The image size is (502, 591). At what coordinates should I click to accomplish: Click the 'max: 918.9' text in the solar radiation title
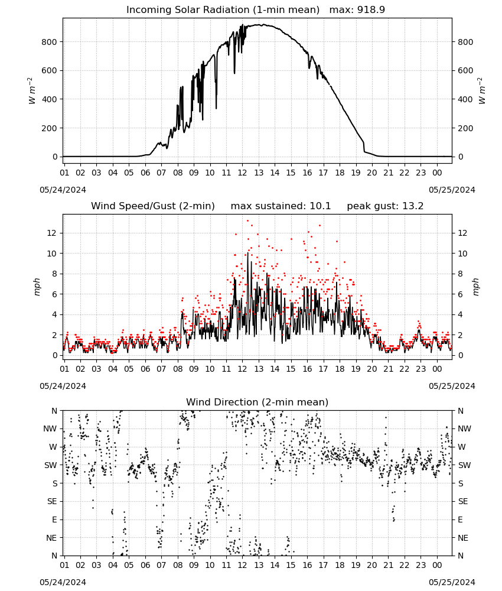point(357,9)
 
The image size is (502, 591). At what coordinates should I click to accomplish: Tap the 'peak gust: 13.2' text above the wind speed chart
point(385,206)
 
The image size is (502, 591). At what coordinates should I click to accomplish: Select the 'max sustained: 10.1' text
point(281,206)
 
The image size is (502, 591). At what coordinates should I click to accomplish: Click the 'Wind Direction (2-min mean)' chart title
point(257,402)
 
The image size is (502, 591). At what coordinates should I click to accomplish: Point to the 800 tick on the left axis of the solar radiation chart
point(50,42)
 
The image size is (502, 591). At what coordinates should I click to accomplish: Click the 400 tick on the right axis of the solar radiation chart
point(465,99)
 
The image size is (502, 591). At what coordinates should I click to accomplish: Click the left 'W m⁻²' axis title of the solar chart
point(32,91)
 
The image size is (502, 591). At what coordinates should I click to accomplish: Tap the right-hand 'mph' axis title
point(475,287)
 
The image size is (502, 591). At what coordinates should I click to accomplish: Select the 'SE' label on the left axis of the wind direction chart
point(52,501)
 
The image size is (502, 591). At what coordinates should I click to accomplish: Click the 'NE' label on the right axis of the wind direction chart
point(463,538)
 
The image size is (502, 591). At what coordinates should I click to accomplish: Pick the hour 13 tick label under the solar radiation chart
point(258,173)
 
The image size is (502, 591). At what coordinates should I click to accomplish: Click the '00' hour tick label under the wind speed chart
point(437,369)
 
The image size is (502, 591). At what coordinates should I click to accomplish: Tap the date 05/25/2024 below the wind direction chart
point(452,582)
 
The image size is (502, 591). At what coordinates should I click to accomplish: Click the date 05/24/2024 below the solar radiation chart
point(63,190)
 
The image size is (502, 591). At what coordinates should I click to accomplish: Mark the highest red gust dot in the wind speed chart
point(247,221)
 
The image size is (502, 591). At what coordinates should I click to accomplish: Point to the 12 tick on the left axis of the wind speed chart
point(52,233)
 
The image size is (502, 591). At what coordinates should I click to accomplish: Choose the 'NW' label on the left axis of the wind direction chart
point(50,428)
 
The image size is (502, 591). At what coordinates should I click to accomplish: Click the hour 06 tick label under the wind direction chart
point(145,565)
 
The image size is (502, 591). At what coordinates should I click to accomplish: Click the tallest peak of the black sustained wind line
point(248,252)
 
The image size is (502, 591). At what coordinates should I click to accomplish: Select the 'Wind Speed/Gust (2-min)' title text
point(153,206)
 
